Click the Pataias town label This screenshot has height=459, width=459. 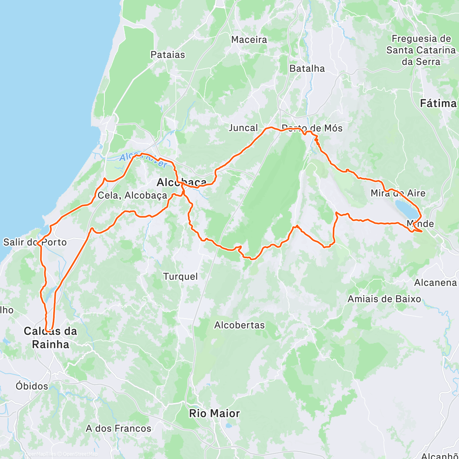click(x=168, y=55)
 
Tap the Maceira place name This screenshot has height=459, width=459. click(x=249, y=40)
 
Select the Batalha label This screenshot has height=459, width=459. click(x=307, y=68)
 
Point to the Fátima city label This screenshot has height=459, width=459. click(x=438, y=103)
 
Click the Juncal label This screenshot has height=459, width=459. click(x=243, y=128)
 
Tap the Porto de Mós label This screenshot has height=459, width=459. click(x=312, y=128)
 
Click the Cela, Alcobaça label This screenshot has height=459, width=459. click(x=132, y=195)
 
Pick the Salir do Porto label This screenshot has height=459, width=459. click(x=35, y=242)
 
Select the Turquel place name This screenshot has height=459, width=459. click(x=181, y=276)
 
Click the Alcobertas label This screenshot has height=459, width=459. click(x=239, y=325)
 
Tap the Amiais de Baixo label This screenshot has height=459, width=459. click(x=384, y=299)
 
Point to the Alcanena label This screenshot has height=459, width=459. click(x=436, y=283)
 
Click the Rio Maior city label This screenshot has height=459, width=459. click(x=215, y=413)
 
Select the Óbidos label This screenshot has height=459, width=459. click(x=32, y=386)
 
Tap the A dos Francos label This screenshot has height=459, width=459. click(x=119, y=428)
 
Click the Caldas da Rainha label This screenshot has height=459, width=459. click(x=50, y=337)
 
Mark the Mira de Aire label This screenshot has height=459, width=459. click(x=398, y=193)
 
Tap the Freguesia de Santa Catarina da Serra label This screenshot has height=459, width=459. click(x=421, y=50)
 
